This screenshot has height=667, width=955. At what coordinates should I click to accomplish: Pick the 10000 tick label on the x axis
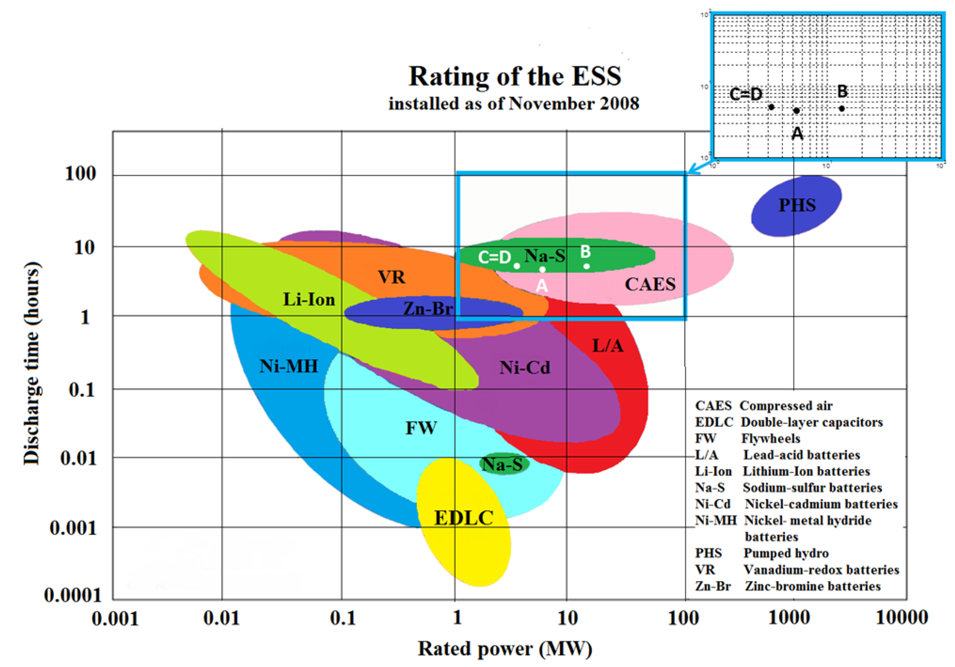click(902, 618)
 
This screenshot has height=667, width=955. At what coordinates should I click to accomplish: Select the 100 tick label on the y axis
click(80, 173)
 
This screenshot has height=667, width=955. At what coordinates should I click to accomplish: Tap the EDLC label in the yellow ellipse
click(464, 518)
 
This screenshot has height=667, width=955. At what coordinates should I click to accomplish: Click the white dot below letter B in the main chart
click(587, 266)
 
